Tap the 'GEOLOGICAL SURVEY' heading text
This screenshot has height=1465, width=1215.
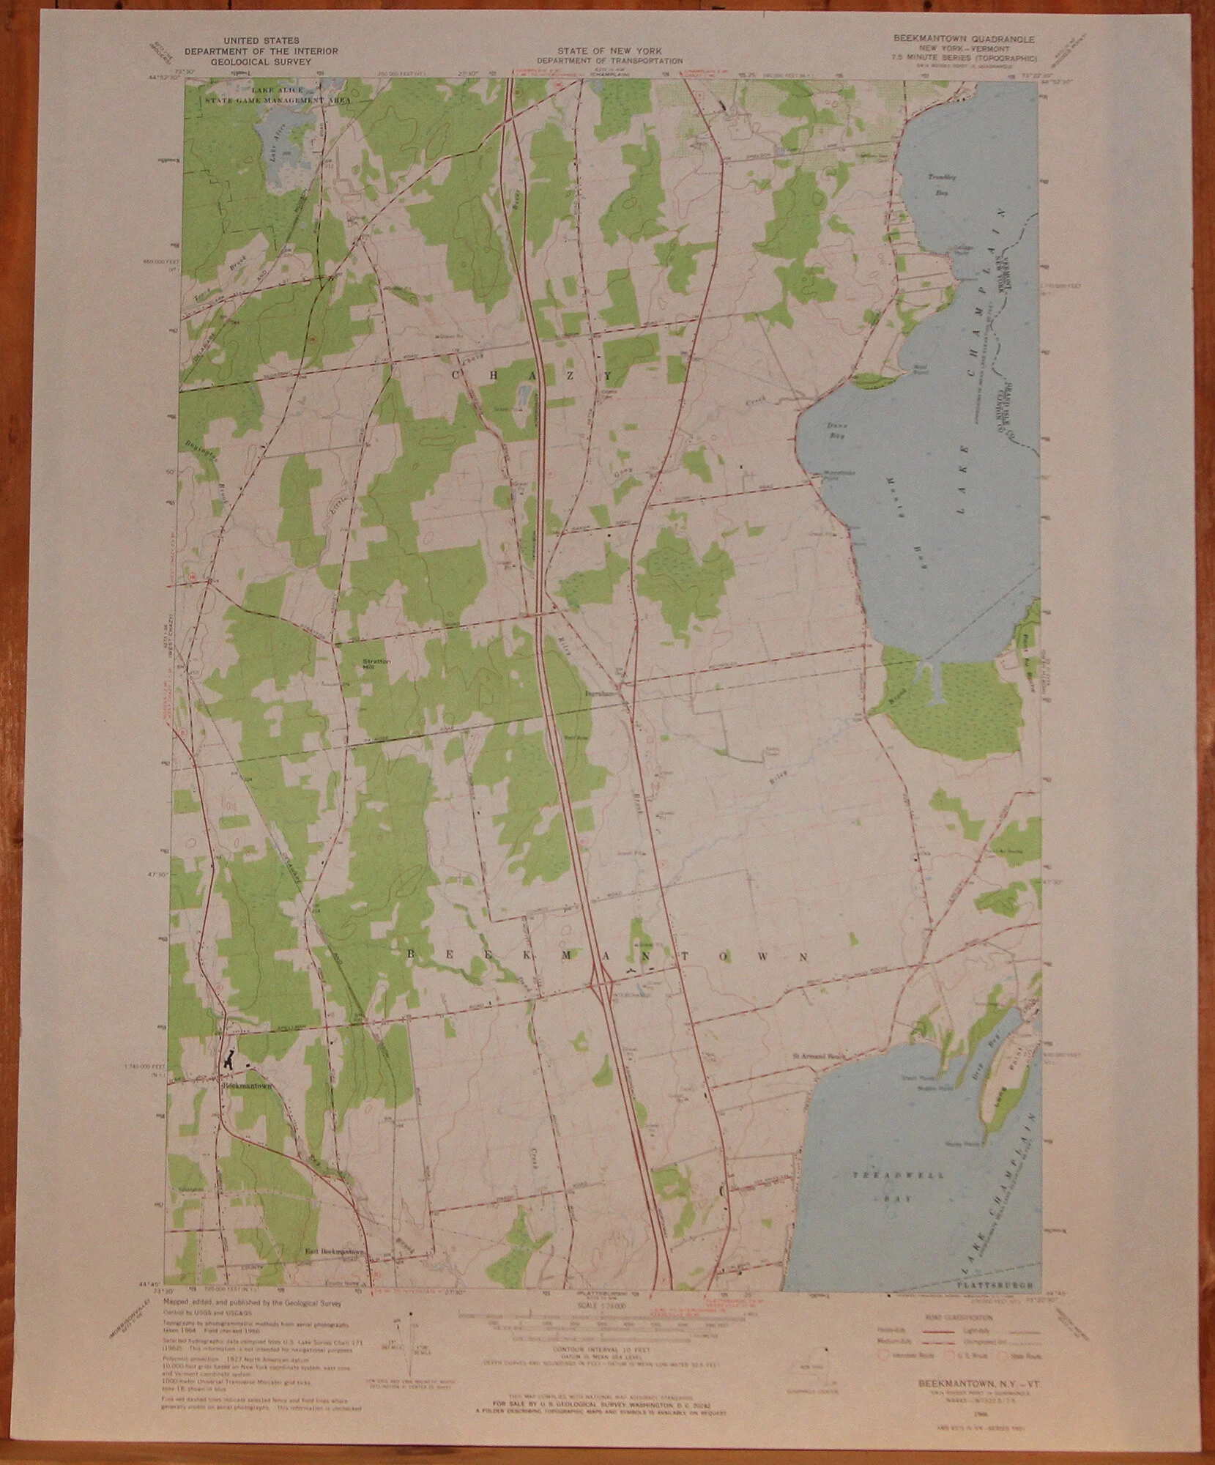click(x=261, y=62)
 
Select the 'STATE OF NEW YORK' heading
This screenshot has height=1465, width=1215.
click(x=609, y=51)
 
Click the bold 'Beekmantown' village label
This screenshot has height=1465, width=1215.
click(x=247, y=1086)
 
